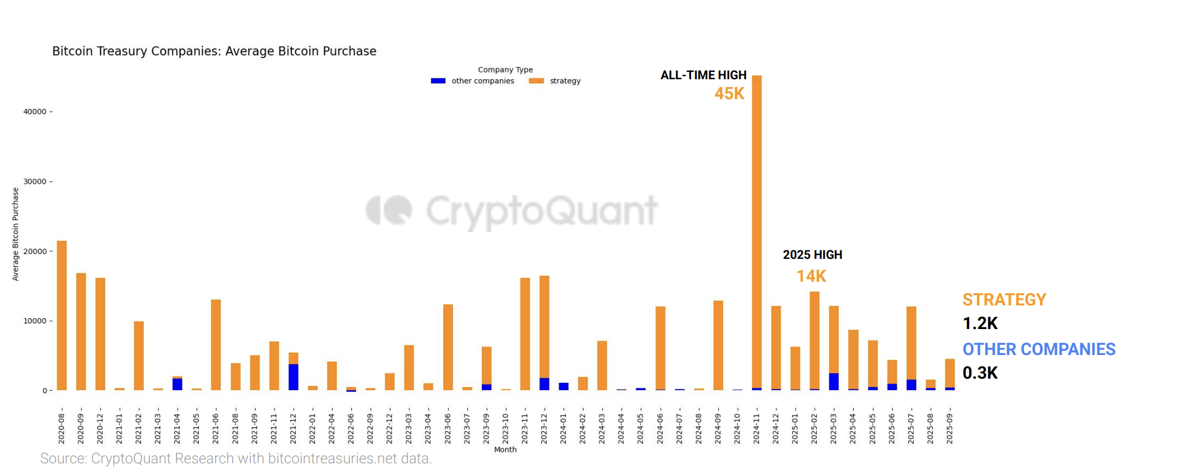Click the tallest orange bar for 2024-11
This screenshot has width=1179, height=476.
pos(756,230)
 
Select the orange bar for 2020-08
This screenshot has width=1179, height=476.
pos(62,315)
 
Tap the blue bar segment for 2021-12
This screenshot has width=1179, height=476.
pos(293,377)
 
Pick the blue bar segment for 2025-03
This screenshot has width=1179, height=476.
pos(834,382)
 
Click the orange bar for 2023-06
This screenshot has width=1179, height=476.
pos(448,347)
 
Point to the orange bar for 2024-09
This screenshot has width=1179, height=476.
pos(718,345)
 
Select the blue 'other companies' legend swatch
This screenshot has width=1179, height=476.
pos(438,81)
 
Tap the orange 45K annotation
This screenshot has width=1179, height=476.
pos(729,94)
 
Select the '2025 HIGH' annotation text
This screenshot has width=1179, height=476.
pos(812,255)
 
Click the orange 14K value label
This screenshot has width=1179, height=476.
pos(811,276)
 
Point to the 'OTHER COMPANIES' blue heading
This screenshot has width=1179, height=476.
pos(1039,350)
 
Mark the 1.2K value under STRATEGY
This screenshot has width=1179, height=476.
pos(980,324)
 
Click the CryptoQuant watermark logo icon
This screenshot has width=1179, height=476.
pos(389,210)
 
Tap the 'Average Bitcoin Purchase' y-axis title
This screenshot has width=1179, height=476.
pos(16,234)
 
